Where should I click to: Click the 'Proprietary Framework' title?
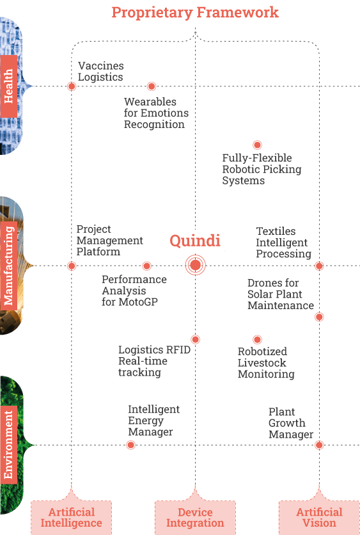coord(195,13)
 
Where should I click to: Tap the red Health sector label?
coord(8,86)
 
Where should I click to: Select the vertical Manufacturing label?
coord(8,266)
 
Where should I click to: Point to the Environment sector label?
coord(8,445)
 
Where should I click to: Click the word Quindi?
coord(195,241)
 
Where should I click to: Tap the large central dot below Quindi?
coord(195,265)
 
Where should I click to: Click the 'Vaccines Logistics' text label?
coord(100,71)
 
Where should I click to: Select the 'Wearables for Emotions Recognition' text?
coord(156,113)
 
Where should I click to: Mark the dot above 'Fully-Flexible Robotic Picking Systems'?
coord(258,145)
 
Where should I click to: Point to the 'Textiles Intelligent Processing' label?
coord(284,243)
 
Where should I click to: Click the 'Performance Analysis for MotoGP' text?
coord(134,291)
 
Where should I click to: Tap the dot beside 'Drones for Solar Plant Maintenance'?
coord(319,317)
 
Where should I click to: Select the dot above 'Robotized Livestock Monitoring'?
coord(258,339)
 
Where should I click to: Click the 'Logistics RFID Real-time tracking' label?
coord(154,361)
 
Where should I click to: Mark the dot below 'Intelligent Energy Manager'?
coord(130,445)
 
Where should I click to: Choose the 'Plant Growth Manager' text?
coord(291,423)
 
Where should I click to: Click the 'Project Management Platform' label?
coord(109,240)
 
